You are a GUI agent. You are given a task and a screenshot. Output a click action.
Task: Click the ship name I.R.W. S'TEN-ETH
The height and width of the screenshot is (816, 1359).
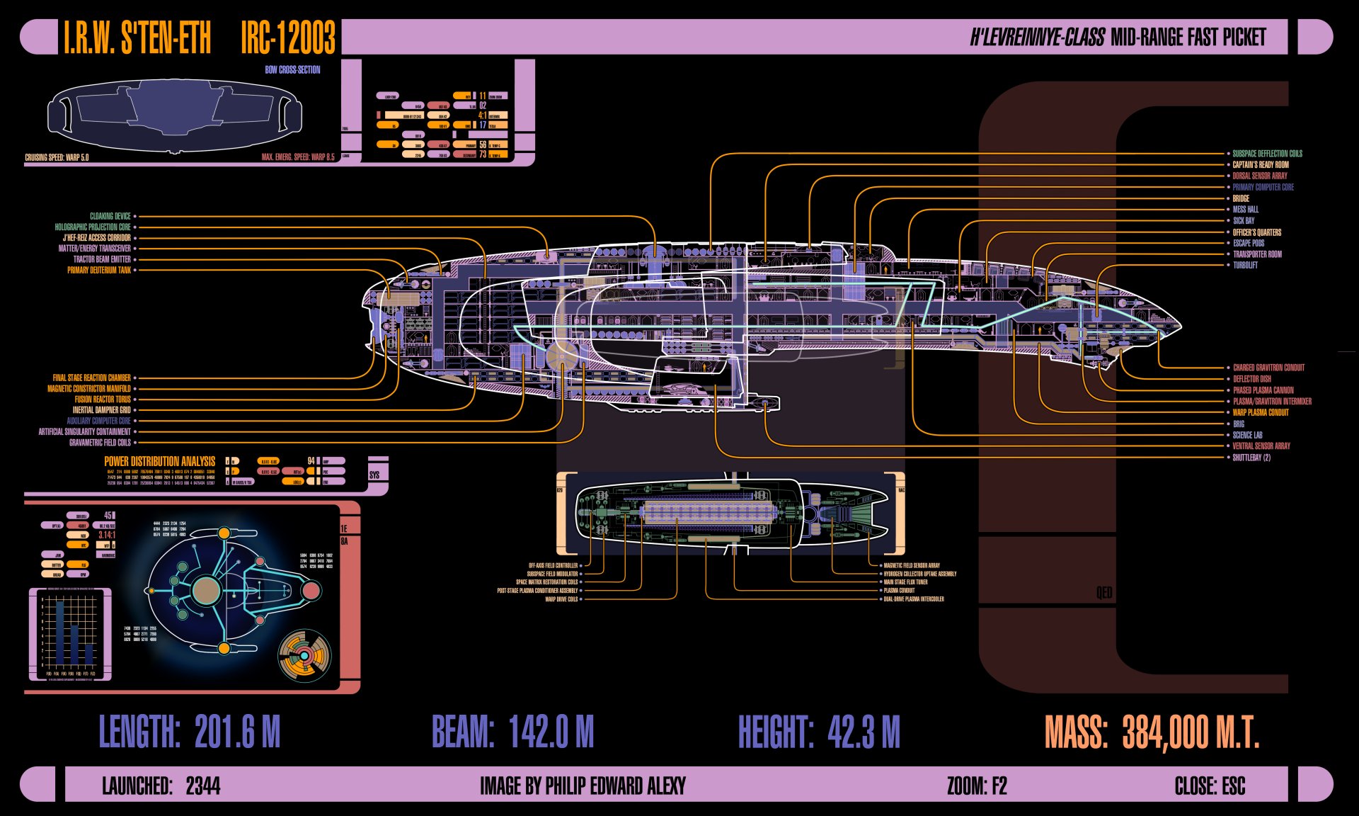point(137,38)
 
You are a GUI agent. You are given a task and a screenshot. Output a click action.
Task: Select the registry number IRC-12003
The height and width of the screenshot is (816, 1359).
point(287,38)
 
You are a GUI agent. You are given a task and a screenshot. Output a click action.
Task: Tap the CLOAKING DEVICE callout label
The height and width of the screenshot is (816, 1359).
point(110,216)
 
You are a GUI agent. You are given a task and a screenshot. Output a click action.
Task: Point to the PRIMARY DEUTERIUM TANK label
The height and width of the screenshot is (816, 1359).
point(99,270)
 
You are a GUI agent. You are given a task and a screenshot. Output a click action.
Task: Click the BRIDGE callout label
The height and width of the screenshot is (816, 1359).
point(1241,198)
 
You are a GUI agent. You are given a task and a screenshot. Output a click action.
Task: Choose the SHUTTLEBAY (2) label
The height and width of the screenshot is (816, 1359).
point(1251,458)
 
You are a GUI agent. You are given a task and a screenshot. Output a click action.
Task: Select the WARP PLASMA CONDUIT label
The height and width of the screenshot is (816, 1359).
point(1261,412)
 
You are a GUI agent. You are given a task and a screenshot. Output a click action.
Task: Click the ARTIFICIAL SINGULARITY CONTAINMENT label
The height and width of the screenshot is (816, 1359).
point(84,431)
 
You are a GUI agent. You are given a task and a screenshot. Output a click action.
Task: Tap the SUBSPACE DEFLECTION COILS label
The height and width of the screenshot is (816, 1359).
point(1267,154)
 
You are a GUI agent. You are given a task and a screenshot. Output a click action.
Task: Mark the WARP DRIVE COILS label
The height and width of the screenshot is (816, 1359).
point(561,599)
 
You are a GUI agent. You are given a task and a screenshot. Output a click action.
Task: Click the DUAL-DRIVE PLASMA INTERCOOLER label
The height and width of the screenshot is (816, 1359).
point(914,599)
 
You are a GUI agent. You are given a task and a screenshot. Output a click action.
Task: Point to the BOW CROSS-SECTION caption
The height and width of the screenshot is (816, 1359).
point(292,69)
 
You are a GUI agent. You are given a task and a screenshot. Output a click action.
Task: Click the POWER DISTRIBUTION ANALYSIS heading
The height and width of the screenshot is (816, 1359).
point(159,461)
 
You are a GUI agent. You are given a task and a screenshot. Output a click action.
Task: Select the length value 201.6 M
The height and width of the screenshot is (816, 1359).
point(237,732)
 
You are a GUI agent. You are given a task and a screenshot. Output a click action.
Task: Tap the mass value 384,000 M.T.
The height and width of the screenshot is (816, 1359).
point(1191,732)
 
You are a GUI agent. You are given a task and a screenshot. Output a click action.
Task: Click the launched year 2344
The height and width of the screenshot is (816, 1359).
point(203,786)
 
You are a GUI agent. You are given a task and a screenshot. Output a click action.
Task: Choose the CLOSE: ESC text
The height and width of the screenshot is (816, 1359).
point(1210,786)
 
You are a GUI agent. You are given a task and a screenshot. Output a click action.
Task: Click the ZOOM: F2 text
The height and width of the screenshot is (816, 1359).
point(977,786)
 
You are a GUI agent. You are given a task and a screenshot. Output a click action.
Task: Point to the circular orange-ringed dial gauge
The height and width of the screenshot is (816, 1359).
point(304,655)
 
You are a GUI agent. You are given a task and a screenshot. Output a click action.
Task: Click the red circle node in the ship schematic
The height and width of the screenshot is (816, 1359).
point(311,591)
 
